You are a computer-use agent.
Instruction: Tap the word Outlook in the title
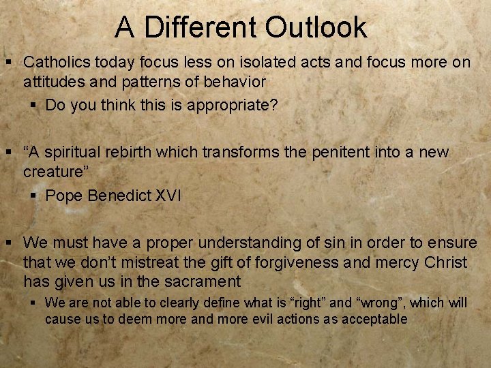(x=316, y=28)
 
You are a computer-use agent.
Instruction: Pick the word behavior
(x=235, y=82)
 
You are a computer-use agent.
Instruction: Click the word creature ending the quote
(x=53, y=172)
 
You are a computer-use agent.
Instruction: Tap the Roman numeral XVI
(x=168, y=197)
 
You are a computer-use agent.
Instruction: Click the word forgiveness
(x=303, y=262)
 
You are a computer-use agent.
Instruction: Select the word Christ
(x=445, y=262)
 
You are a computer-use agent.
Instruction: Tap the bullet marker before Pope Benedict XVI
(x=34, y=197)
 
